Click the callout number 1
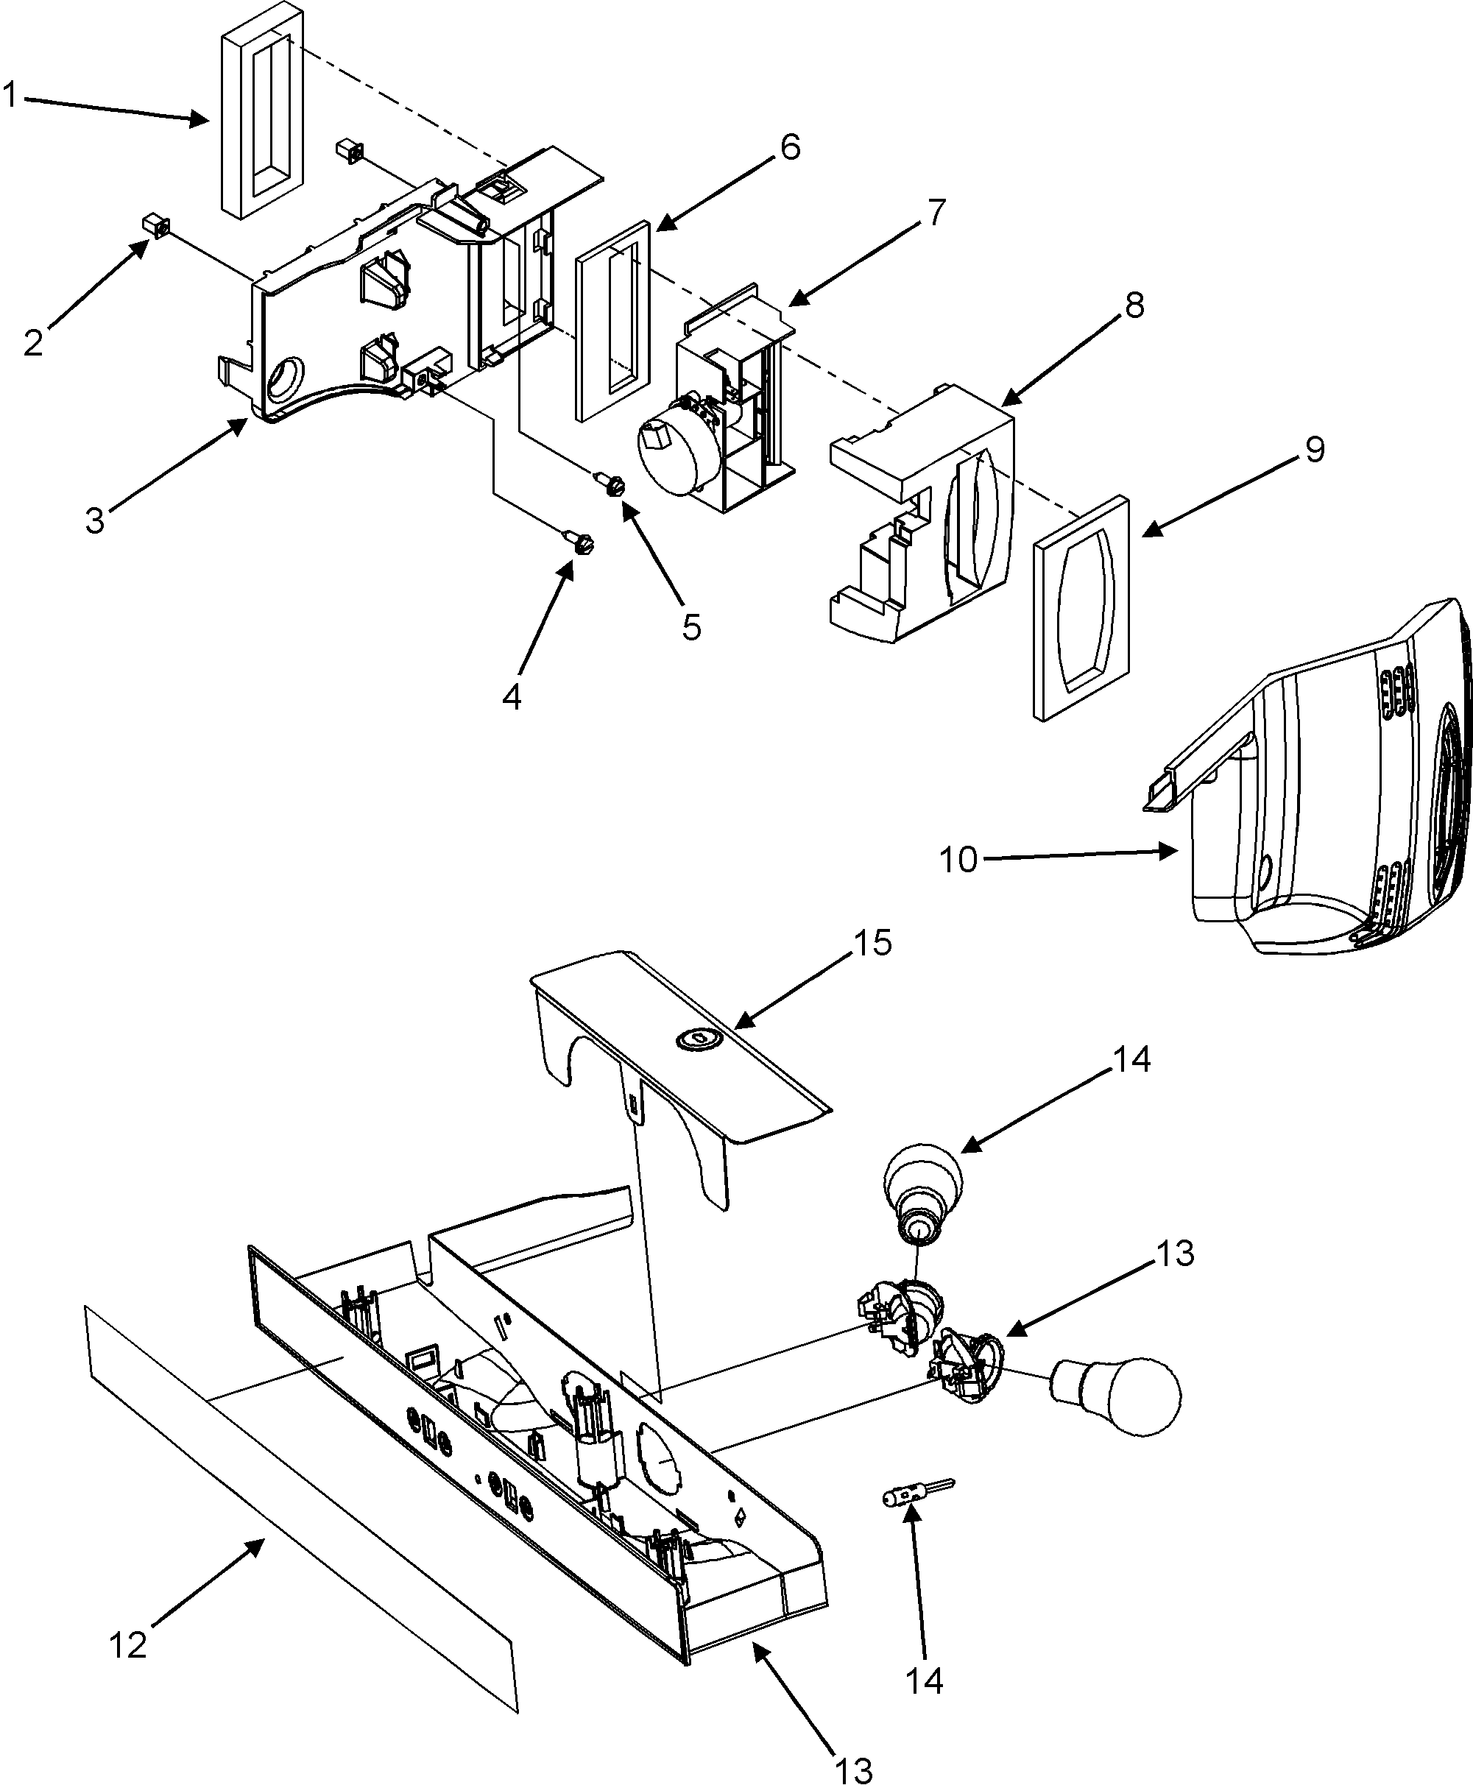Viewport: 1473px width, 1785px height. tap(10, 95)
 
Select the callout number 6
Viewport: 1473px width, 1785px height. tap(789, 148)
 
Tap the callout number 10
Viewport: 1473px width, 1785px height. tap(958, 860)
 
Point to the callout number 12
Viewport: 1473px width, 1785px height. tap(128, 1645)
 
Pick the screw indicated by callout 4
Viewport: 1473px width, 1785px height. tap(582, 542)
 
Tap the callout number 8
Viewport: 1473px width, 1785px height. tap(1134, 305)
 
